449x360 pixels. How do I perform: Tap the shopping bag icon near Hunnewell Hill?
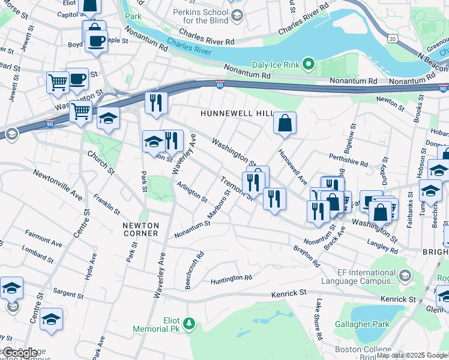(x=285, y=123)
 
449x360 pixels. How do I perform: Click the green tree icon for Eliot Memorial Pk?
(x=190, y=324)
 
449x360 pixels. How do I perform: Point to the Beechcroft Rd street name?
(x=194, y=270)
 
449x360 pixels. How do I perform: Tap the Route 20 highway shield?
(x=393, y=38)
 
